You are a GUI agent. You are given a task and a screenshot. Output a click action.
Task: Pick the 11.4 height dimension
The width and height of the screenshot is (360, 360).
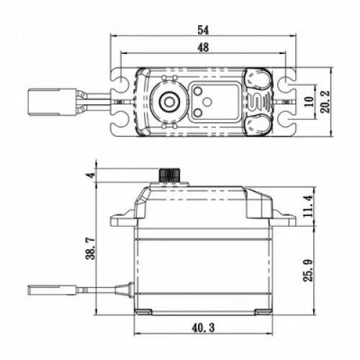click(308, 203)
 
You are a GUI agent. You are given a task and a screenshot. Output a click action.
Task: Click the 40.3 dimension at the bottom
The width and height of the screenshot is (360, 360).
click(204, 328)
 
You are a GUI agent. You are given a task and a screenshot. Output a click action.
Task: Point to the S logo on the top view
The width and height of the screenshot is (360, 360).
click(261, 102)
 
